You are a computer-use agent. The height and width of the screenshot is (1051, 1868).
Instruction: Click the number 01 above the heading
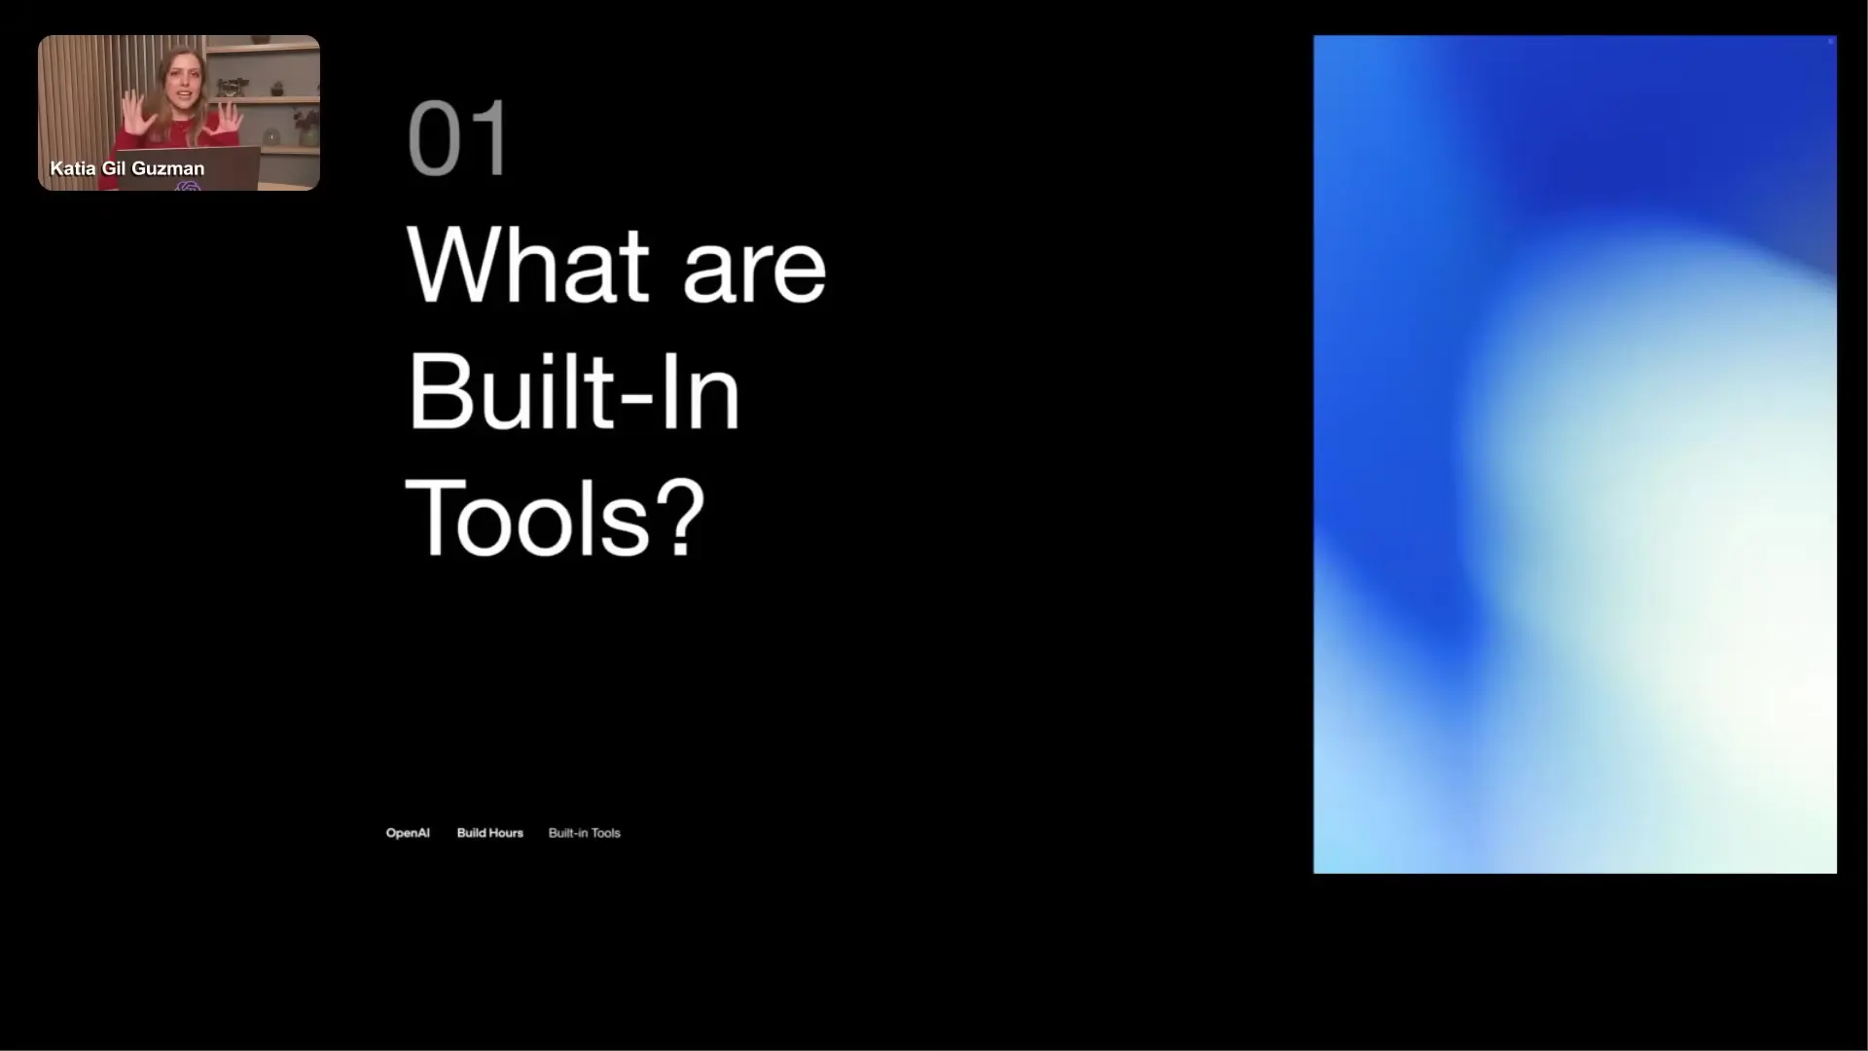point(457,138)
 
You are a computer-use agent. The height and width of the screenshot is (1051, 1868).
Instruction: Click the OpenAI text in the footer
point(408,833)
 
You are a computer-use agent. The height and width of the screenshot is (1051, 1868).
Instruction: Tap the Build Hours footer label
point(490,833)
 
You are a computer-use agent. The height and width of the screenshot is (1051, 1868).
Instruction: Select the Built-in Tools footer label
point(585,833)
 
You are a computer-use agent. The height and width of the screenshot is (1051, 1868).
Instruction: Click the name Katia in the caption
point(73,168)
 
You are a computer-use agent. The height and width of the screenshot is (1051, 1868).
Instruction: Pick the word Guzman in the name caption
point(168,168)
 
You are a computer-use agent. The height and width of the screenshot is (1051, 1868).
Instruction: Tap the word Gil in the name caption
point(114,168)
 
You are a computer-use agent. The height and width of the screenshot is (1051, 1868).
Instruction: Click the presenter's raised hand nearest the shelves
point(230,115)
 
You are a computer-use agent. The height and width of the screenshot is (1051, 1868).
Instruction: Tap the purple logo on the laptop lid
point(188,185)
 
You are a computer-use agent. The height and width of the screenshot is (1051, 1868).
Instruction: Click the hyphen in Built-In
point(635,398)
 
